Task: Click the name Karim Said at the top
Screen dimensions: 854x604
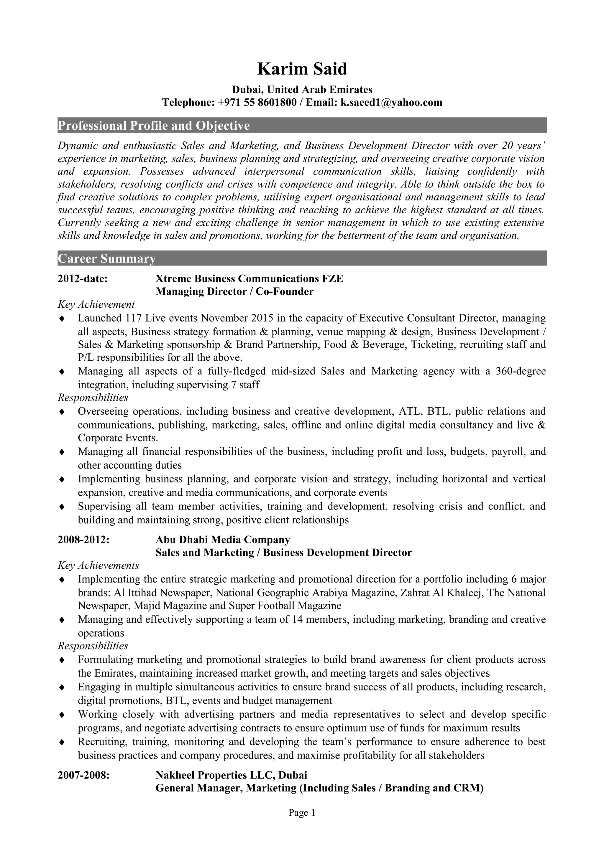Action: click(302, 69)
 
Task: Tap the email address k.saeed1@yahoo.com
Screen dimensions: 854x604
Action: click(391, 102)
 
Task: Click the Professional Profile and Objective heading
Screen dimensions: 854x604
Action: click(154, 126)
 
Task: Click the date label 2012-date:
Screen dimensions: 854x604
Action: click(83, 278)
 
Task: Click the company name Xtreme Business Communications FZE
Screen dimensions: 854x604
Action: click(249, 278)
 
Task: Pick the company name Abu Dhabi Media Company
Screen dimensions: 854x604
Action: click(223, 539)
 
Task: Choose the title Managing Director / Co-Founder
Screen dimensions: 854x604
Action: click(234, 292)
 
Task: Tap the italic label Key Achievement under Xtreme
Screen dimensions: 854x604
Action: click(96, 305)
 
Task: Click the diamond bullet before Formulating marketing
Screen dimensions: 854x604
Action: click(62, 660)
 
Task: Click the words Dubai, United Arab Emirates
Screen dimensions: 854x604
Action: click(302, 90)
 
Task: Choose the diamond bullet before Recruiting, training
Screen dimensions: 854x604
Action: click(62, 742)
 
